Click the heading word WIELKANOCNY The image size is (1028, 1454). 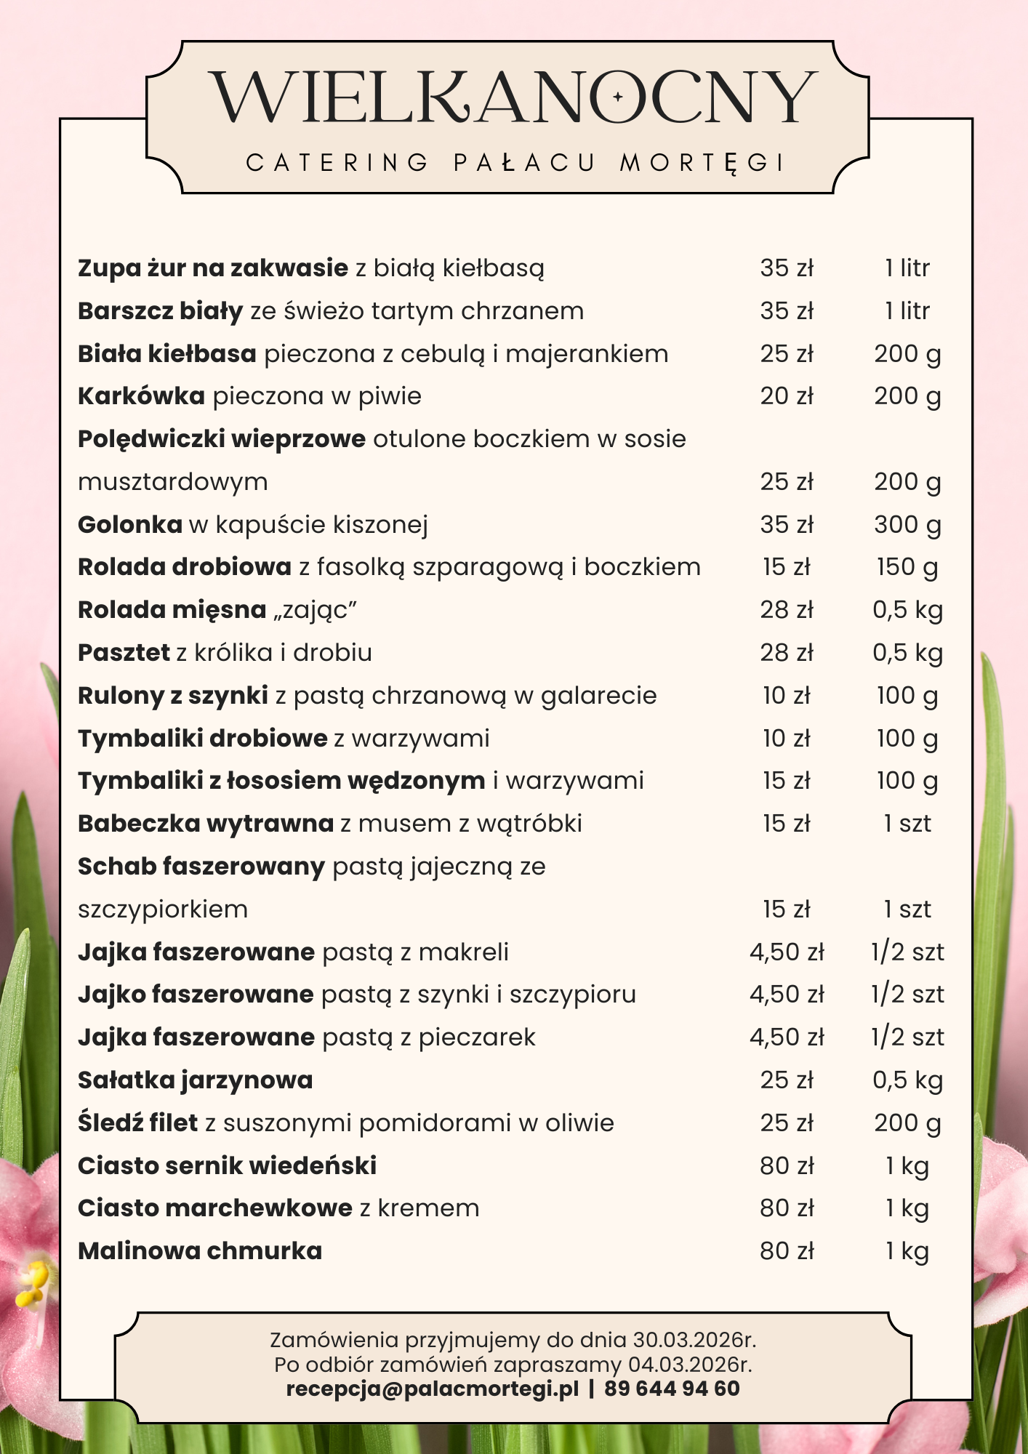pos(513,97)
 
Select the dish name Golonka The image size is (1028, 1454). pos(129,524)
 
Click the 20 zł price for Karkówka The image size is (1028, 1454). pos(787,396)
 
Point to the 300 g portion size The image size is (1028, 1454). pos(907,524)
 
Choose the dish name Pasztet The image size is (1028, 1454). pos(124,653)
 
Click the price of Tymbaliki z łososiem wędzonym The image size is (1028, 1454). pos(787,781)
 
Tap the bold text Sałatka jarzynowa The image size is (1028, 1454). pos(195,1080)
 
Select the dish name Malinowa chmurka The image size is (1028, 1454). pos(200,1251)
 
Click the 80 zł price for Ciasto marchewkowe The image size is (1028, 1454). pos(787,1208)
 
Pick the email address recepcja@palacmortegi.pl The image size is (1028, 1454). pos(433,1389)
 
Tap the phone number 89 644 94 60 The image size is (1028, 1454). pos(672,1389)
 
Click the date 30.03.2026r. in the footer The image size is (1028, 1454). pos(694,1340)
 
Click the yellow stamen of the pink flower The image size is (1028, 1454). pos(32,1283)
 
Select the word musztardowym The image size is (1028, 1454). pos(173,482)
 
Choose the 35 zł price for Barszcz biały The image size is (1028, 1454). pos(787,311)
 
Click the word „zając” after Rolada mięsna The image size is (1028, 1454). pos(315,610)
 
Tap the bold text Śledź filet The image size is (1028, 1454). pos(138,1123)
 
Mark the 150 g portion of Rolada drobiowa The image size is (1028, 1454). pos(907,567)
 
